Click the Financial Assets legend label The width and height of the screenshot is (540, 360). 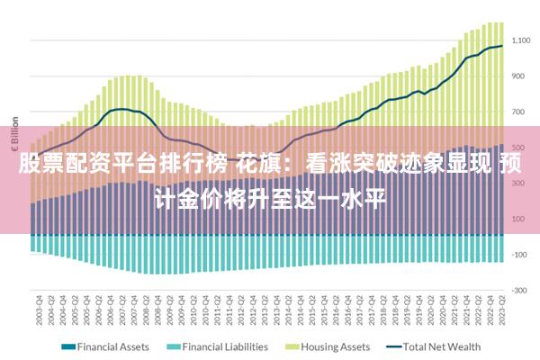tap(114, 346)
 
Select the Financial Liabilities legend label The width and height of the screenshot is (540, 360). tap(226, 346)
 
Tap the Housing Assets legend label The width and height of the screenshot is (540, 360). tap(334, 346)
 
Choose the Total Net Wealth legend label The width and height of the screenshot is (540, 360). tap(442, 346)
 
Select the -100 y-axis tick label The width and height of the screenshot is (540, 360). tap(521, 255)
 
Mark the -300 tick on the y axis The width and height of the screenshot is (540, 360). tap(521, 290)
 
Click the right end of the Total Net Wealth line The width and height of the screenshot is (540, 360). tap(501, 46)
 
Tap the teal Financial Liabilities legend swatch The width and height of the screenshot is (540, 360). tap(173, 346)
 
